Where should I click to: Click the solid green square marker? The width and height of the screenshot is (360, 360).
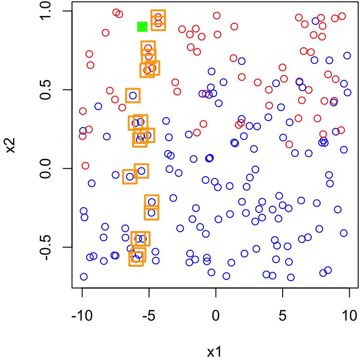(142, 27)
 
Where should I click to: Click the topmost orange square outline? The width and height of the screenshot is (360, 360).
(158, 16)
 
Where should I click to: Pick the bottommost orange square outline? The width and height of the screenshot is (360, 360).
(136, 259)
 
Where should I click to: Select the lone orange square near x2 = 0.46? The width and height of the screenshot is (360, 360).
(133, 95)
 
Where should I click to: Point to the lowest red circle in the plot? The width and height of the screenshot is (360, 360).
(85, 165)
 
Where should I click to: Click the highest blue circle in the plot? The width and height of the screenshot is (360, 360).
(315, 21)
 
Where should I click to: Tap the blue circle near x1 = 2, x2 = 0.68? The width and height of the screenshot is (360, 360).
(242, 61)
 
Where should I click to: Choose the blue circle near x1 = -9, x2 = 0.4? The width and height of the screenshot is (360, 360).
(98, 106)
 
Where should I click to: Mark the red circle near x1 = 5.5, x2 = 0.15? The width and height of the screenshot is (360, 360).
(289, 144)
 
